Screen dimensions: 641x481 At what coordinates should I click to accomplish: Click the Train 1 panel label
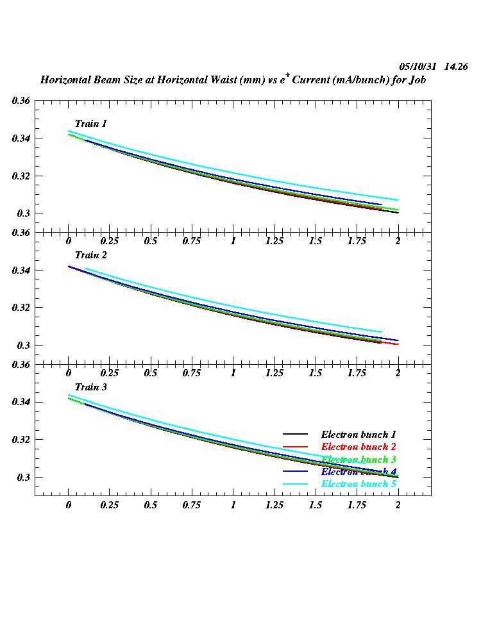[90, 124]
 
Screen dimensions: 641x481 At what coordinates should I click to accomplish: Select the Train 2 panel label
[90, 255]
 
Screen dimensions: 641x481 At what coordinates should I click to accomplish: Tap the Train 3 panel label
[90, 387]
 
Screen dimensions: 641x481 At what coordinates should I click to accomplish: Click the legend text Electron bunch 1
[359, 435]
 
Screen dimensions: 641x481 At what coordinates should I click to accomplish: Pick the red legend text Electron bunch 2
[359, 447]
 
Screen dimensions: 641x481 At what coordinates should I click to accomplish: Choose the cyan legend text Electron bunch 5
[359, 484]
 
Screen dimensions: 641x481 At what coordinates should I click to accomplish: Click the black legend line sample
[296, 435]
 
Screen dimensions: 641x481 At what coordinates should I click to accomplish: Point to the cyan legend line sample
[296, 484]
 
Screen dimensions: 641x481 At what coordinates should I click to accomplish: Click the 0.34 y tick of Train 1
[21, 138]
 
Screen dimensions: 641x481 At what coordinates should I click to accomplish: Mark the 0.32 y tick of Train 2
[21, 308]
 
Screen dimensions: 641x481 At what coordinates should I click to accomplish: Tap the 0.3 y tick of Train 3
[24, 478]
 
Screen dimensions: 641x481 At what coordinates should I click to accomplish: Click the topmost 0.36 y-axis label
[21, 101]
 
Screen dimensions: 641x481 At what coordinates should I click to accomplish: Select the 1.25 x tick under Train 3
[274, 505]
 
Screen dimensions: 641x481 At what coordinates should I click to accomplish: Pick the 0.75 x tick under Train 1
[192, 241]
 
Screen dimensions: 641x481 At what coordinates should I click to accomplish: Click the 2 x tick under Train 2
[398, 373]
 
